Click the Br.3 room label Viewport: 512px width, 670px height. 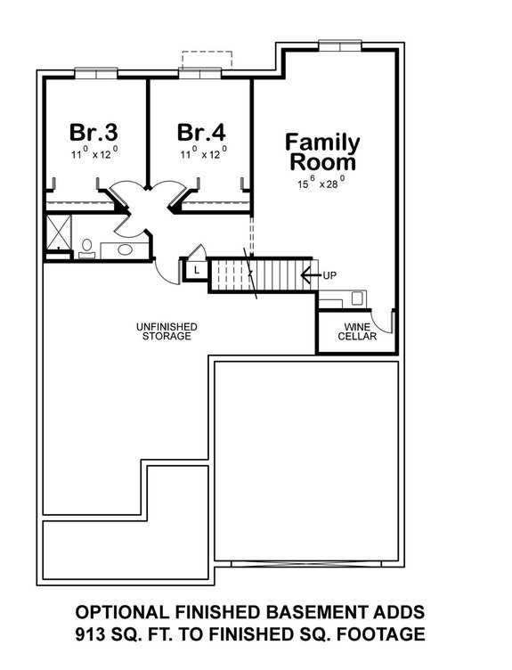click(93, 133)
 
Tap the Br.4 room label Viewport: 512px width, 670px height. click(201, 133)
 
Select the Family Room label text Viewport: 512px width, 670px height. click(321, 152)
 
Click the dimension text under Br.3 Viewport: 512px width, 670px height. click(93, 154)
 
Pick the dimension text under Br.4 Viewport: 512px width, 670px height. click(201, 154)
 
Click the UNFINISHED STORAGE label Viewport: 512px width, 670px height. click(167, 331)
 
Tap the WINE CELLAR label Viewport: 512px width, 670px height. click(356, 331)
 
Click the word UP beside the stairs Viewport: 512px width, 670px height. click(329, 275)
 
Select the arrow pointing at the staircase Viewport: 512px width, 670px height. click(310, 275)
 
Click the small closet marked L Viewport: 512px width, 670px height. click(195, 269)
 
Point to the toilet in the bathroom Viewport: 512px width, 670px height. click(86, 247)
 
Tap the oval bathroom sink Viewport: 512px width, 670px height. click(124, 250)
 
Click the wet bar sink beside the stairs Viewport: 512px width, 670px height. click(357, 298)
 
